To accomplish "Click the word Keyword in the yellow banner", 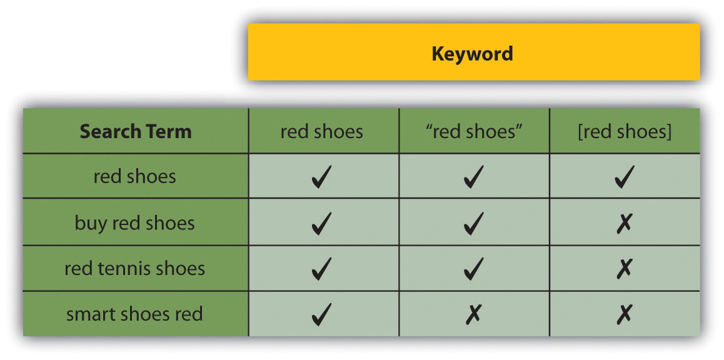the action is (x=472, y=54).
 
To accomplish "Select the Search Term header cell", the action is (x=135, y=131).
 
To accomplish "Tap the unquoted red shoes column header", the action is (x=322, y=132).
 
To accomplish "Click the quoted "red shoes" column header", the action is (x=474, y=132).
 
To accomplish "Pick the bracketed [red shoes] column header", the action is (x=624, y=132).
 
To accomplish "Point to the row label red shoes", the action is (x=135, y=176).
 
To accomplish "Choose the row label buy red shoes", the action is (x=135, y=223).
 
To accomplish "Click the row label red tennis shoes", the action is (x=135, y=268).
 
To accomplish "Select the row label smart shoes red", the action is (x=135, y=314).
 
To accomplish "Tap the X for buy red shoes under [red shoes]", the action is (x=624, y=223).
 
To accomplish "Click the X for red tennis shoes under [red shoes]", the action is (x=624, y=269).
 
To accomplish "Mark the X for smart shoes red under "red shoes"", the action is (x=473, y=314).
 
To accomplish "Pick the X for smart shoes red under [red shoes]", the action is (x=624, y=314).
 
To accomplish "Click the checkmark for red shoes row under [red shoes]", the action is (x=624, y=177).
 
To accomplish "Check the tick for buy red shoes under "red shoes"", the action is (x=474, y=223).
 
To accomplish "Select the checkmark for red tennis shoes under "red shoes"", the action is (x=474, y=269).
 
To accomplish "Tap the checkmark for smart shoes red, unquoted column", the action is (x=322, y=314).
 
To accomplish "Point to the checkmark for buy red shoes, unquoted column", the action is (x=322, y=223).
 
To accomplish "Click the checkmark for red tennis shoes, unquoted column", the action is (x=322, y=269).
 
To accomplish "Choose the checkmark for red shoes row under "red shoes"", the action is (x=474, y=177).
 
